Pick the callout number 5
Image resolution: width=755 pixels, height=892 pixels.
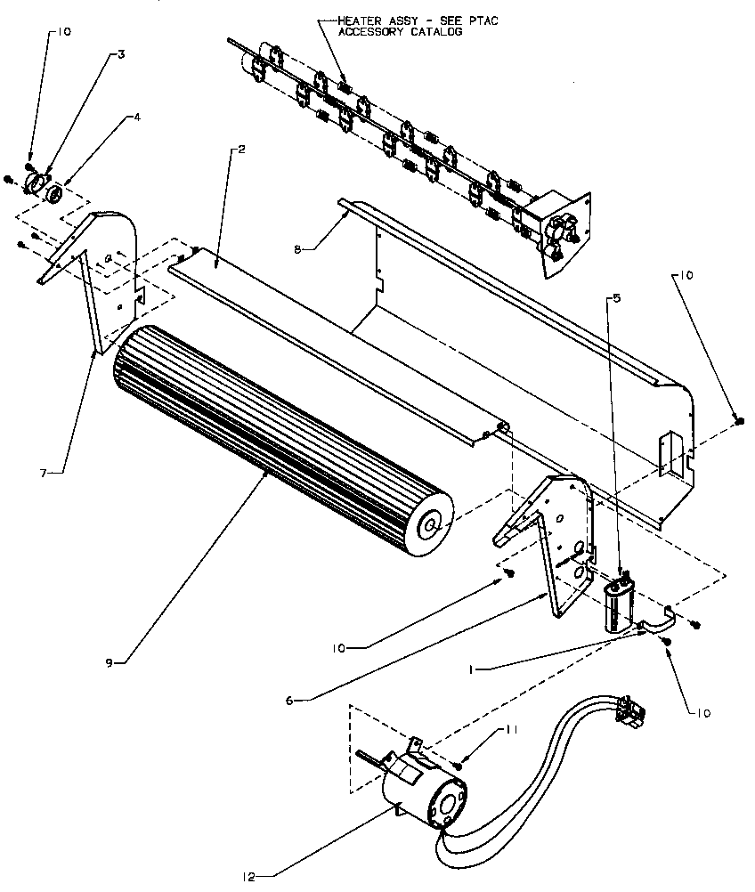614,298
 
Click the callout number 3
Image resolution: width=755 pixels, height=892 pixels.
121,53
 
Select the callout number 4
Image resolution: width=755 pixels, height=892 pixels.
136,116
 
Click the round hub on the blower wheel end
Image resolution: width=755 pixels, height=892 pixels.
431,526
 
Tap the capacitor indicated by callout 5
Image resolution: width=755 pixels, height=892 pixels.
616,605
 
